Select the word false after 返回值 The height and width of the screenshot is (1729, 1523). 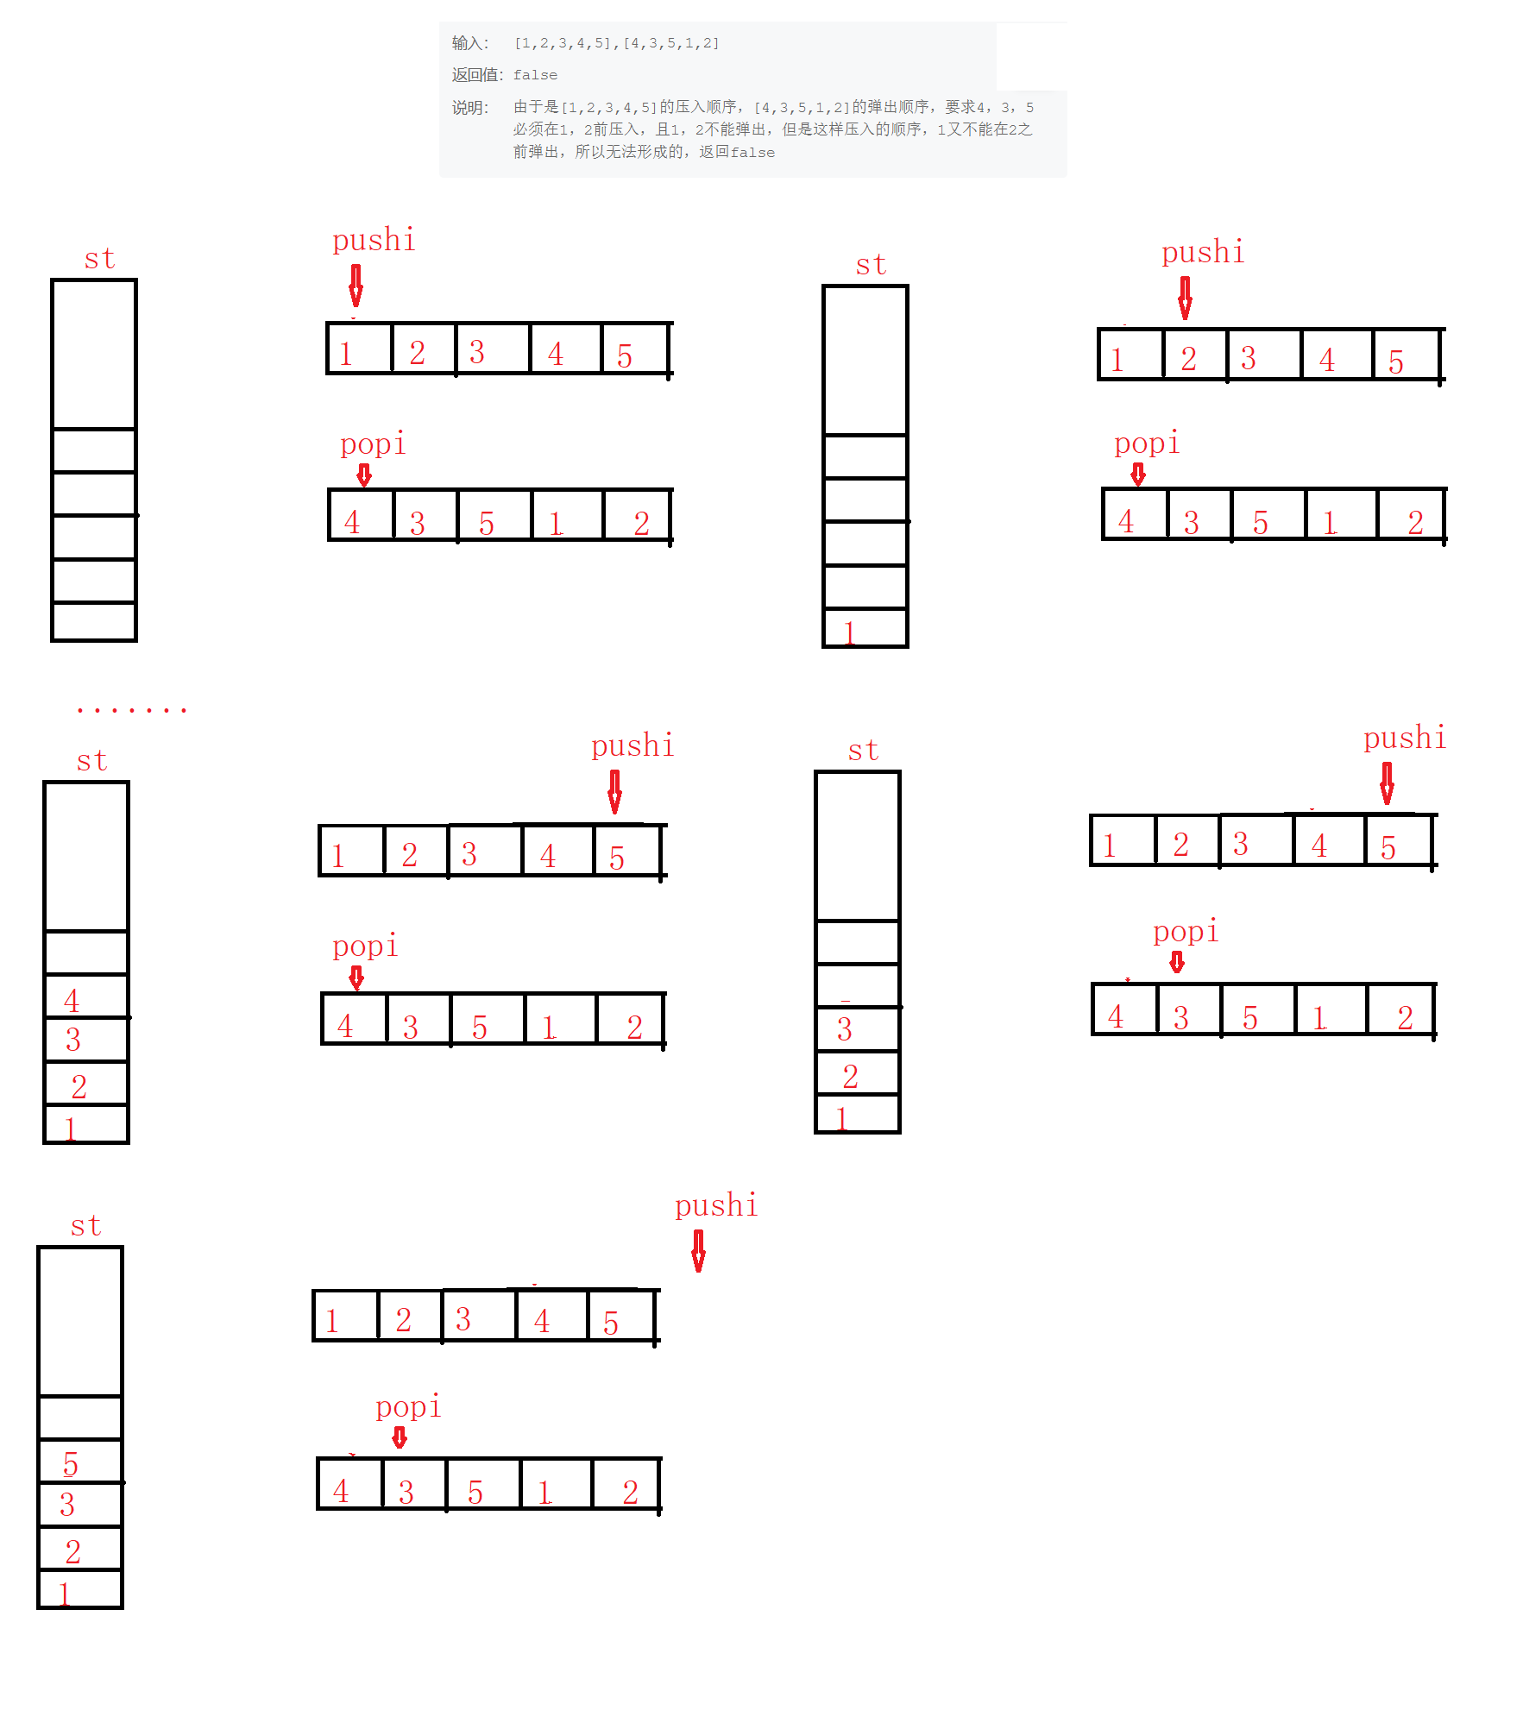pos(535,75)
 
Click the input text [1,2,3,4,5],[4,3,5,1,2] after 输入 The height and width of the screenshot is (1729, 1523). pos(616,43)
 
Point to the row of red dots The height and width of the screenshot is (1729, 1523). pos(131,710)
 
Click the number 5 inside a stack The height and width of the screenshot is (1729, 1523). pos(70,1464)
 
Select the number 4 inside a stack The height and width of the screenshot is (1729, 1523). pos(72,1001)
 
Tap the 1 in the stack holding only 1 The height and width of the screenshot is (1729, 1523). pos(849,632)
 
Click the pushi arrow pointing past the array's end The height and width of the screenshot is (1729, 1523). pos(698,1250)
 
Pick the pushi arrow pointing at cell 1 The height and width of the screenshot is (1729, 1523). pos(356,286)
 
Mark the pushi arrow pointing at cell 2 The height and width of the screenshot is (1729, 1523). pos(1185,298)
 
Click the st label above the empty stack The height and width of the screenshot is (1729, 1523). pos(99,258)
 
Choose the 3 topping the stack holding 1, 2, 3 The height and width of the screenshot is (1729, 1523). pos(845,1029)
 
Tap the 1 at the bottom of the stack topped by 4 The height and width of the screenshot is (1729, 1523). pos(70,1129)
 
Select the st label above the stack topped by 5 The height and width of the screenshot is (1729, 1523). pos(85,1225)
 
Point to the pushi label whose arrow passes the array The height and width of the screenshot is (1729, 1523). pos(716,1205)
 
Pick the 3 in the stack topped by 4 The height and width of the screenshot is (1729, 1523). pos(73,1040)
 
